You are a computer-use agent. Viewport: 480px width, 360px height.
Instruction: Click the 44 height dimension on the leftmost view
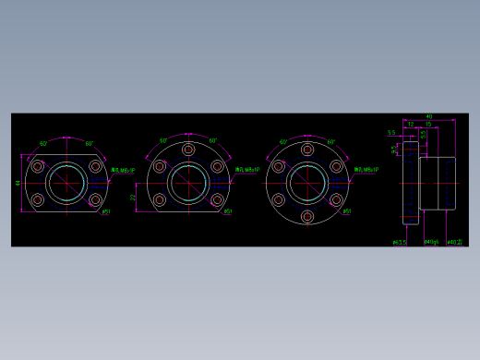point(18,183)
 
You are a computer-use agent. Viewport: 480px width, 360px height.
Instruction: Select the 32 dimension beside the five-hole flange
point(133,197)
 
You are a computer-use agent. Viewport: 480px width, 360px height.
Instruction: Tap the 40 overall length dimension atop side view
point(429,116)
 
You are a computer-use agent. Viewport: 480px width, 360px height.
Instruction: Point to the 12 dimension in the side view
point(410,124)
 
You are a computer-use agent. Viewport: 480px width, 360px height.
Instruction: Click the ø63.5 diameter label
point(399,243)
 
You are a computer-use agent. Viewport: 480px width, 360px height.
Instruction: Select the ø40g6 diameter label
point(430,243)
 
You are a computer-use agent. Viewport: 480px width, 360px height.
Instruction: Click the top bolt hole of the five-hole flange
point(188,149)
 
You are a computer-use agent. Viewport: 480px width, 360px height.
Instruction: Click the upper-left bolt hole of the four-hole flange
point(38,166)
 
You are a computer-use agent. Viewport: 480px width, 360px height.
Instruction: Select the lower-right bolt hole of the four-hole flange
point(95,199)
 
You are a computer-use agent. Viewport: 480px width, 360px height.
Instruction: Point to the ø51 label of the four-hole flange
point(106,212)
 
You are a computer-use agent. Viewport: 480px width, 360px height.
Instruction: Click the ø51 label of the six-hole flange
point(346,212)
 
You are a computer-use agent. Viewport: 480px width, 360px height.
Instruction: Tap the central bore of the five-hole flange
point(188,183)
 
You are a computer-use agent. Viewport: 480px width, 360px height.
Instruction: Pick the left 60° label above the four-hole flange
point(43,144)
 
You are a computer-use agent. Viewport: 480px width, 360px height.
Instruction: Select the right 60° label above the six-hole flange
point(331,142)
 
